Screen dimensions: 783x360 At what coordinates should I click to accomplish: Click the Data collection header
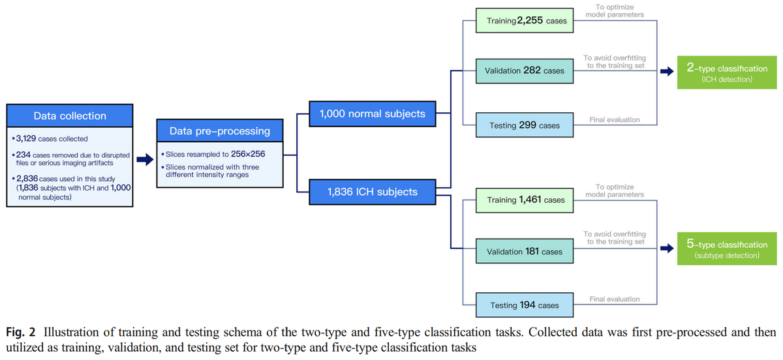pos(70,115)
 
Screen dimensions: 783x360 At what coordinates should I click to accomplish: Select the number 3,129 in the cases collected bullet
pos(26,138)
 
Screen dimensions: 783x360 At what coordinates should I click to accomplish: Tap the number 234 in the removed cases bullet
pos(23,155)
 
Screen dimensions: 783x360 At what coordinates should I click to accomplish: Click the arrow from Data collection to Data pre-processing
pos(145,160)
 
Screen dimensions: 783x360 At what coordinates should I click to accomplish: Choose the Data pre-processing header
pos(220,130)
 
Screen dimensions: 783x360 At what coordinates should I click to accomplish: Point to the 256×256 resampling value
pos(248,154)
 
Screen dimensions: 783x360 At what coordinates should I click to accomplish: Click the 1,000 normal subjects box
pos(373,114)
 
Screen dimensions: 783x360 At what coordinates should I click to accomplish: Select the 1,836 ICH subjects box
pos(373,192)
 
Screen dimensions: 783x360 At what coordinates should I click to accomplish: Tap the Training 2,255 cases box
pos(525,21)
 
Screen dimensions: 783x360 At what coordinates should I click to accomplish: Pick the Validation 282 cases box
pos(525,71)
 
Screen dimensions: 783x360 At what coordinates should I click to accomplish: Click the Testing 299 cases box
pos(525,125)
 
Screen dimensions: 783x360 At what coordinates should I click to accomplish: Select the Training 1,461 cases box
pos(525,200)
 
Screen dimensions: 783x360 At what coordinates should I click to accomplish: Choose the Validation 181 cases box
pos(525,251)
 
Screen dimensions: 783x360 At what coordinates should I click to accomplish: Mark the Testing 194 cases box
pos(525,305)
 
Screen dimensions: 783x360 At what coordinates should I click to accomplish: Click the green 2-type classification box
pos(727,72)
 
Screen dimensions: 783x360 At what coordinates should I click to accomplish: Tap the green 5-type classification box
pos(727,248)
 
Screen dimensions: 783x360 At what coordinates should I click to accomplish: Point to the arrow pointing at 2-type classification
pos(667,71)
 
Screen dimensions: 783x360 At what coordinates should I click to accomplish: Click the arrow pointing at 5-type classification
pos(667,248)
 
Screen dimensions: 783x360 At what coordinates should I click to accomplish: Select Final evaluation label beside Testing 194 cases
pos(615,299)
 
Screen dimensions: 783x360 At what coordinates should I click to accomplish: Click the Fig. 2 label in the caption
pos(21,332)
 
